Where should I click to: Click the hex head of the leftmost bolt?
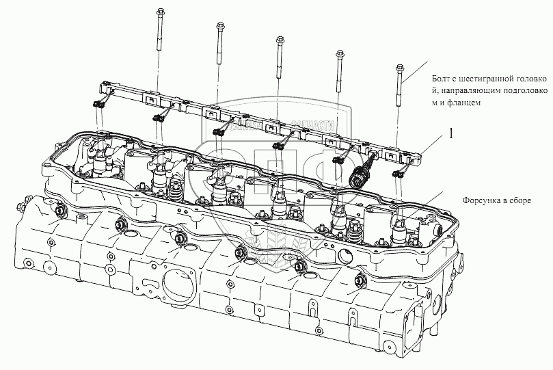(159, 12)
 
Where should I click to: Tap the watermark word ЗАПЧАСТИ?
(312, 126)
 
